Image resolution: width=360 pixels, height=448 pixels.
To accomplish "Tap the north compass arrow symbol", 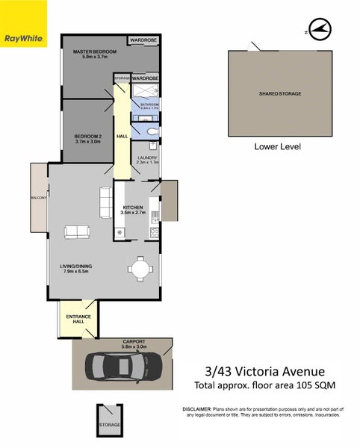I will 319,29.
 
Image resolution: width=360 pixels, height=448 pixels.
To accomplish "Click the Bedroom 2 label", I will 88,136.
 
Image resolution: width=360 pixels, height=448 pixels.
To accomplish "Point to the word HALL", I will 122,136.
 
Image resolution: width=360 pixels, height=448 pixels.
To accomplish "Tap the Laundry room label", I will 148,158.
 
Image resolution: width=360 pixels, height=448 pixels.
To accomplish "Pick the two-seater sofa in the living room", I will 77,232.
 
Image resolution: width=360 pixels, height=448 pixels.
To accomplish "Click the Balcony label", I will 39,198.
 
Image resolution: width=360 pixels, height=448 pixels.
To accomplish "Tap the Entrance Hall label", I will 78,320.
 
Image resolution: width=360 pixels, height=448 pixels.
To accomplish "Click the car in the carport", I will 123,366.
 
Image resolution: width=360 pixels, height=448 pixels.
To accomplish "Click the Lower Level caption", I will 277,147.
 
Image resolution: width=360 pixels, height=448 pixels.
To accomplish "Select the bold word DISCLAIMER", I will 196,411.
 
